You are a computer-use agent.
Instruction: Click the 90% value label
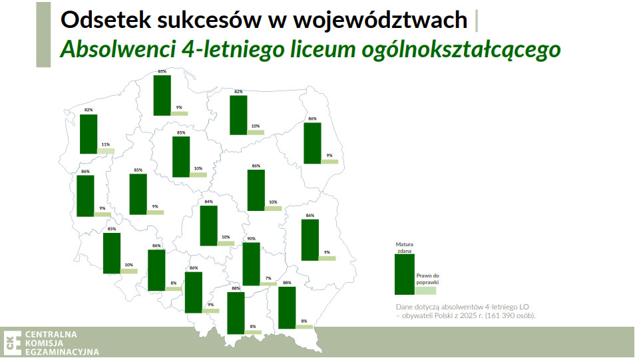(251, 239)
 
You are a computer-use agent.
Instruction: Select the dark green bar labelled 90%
(251, 264)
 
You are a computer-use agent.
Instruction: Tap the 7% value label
(268, 277)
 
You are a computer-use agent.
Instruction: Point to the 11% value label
(105, 144)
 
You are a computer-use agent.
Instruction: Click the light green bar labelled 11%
(105, 151)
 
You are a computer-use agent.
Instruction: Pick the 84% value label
(208, 202)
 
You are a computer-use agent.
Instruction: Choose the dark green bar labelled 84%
(208, 226)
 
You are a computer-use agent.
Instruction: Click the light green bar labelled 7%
(268, 283)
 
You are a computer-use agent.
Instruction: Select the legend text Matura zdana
(405, 248)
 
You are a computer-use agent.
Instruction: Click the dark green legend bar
(404, 275)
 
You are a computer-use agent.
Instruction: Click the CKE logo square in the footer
(11, 342)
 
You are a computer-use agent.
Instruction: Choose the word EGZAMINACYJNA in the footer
(62, 352)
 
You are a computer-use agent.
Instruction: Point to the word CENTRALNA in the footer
(51, 333)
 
